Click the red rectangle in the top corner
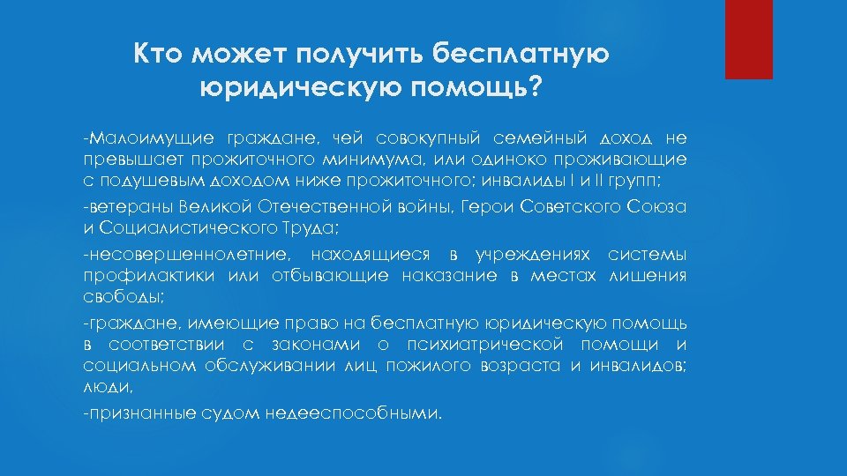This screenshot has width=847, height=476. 748,39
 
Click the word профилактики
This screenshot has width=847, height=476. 142,276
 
